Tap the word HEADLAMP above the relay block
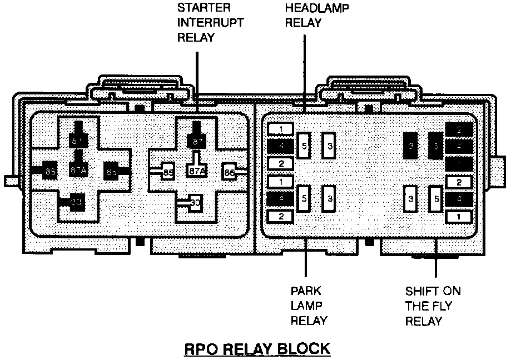pos(314,8)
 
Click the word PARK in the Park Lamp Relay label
pos(306,291)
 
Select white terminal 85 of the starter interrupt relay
pos(168,173)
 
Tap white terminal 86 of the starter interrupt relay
pos(229,172)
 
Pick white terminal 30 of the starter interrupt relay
pos(195,203)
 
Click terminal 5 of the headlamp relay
pos(304,146)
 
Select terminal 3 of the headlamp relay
pos(330,146)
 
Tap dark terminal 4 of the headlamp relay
pos(281,146)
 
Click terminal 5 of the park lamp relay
pos(304,198)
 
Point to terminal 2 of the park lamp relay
pos(281,216)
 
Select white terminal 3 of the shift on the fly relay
pos(411,198)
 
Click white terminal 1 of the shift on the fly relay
pos(459,216)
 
